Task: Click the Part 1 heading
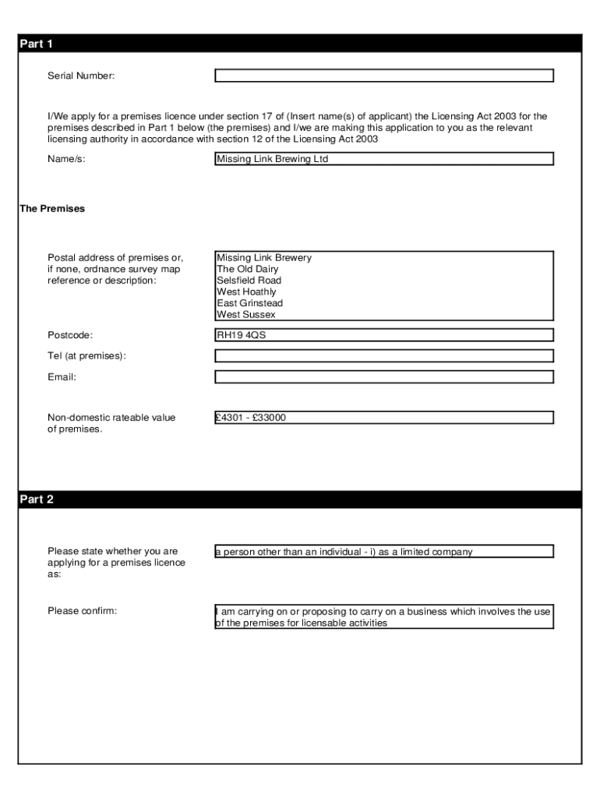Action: click(36, 44)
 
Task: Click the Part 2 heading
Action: click(36, 500)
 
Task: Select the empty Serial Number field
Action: click(384, 76)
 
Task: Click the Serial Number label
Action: click(81, 76)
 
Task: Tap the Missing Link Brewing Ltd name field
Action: click(384, 159)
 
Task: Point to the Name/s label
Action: click(66, 159)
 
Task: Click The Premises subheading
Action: click(52, 209)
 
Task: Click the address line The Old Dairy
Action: click(248, 269)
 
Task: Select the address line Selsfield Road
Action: click(249, 281)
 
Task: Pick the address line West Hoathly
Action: click(246, 292)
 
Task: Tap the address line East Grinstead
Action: click(249, 303)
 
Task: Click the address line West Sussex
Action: click(246, 315)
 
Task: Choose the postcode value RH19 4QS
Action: click(242, 335)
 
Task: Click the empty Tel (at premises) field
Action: click(384, 356)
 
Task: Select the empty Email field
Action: click(384, 377)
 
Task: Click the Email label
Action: click(62, 377)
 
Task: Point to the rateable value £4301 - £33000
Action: click(252, 418)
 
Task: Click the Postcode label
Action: click(70, 335)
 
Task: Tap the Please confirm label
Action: click(82, 611)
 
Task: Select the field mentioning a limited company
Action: click(384, 552)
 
